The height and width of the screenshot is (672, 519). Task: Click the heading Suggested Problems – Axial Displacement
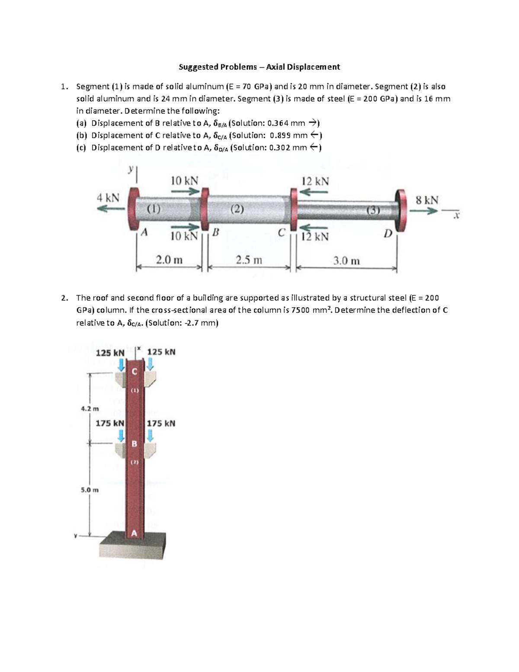point(259,67)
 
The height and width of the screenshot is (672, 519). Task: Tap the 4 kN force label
point(108,198)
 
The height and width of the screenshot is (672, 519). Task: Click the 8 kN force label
point(426,200)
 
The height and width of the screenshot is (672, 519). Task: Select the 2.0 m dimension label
point(169,260)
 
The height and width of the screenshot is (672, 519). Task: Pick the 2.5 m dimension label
point(249,260)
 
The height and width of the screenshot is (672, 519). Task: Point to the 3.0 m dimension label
point(346,260)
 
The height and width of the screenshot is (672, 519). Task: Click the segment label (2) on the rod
point(237,209)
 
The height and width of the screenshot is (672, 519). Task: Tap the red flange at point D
point(400,210)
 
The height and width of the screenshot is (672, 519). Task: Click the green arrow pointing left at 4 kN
point(110,209)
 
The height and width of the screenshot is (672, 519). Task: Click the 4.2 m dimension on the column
point(90,408)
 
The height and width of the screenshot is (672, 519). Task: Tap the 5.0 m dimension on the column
point(90,490)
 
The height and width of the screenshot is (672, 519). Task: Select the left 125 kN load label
point(110,353)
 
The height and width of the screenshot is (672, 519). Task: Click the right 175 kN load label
point(161,423)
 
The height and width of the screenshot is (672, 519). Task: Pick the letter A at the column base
point(134,534)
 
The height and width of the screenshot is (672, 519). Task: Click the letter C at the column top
point(134,371)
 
